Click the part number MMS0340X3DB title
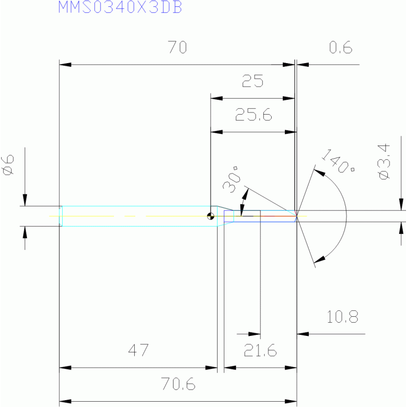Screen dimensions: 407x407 click(120, 7)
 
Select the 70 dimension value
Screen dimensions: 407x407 click(178, 47)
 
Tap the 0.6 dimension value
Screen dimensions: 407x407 click(341, 47)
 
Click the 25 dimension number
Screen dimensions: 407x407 click(253, 81)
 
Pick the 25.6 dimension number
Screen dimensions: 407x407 click(254, 115)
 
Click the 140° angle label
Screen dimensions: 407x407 click(338, 161)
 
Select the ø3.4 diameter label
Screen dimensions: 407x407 click(384, 162)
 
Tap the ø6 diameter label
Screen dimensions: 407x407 click(8, 165)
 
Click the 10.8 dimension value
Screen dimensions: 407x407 click(342, 317)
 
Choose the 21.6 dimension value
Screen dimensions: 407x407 click(261, 350)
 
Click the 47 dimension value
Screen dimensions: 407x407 click(138, 350)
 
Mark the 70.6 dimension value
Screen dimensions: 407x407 click(178, 384)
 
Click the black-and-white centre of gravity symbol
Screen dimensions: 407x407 click(211, 216)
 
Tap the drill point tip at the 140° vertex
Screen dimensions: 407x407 click(297, 216)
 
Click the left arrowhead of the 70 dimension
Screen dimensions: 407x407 click(65, 64)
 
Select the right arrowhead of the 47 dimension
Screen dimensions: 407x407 click(211, 368)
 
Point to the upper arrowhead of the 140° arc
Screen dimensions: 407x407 click(319, 172)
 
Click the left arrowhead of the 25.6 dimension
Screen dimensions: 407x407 click(217, 132)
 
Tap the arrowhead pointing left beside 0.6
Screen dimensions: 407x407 click(302, 64)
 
